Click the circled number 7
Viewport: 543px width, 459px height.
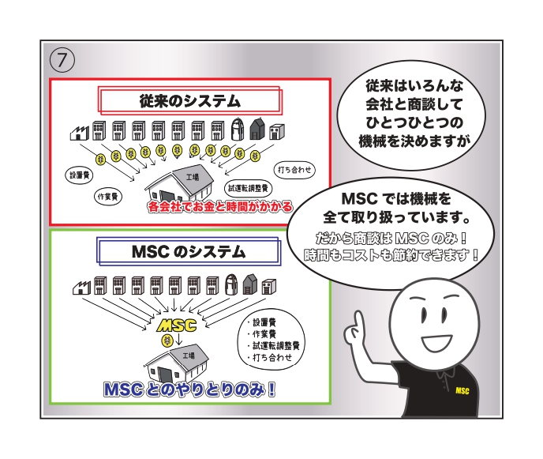pyautogui.click(x=62, y=60)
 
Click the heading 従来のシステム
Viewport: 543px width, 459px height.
pyautogui.click(x=189, y=101)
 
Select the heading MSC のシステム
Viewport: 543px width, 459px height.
pyautogui.click(x=189, y=252)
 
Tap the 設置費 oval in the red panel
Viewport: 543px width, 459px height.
pyautogui.click(x=79, y=175)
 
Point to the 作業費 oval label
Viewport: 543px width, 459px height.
pyautogui.click(x=108, y=197)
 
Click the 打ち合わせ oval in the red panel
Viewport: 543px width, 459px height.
pyautogui.click(x=294, y=170)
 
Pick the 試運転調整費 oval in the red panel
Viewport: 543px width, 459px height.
pyautogui.click(x=248, y=188)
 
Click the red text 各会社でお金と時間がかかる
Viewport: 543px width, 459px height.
pyautogui.click(x=220, y=207)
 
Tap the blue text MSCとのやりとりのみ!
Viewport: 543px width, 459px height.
pyautogui.click(x=189, y=389)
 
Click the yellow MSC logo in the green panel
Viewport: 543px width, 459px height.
pyautogui.click(x=177, y=325)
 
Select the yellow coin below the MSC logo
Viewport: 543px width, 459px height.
pyautogui.click(x=167, y=340)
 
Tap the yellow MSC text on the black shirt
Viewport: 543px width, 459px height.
pyautogui.click(x=462, y=391)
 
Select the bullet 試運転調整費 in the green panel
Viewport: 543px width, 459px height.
pyautogui.click(x=273, y=346)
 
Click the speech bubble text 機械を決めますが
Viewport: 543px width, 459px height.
pyautogui.click(x=414, y=141)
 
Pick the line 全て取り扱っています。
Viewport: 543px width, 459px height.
pyautogui.click(x=397, y=217)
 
